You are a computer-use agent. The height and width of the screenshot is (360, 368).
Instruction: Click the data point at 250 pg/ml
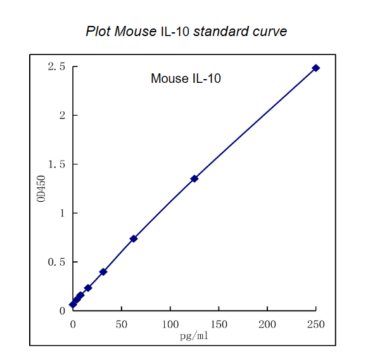click(x=315, y=68)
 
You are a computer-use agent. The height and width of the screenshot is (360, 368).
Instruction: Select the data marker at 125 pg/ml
click(x=194, y=178)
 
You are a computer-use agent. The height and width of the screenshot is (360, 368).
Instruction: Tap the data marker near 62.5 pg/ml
click(x=134, y=239)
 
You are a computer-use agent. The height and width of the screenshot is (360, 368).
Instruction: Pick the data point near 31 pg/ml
click(x=103, y=271)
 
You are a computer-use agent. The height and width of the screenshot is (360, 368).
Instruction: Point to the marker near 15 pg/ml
click(x=88, y=288)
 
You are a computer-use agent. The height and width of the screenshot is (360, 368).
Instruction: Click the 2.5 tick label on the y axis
click(x=56, y=67)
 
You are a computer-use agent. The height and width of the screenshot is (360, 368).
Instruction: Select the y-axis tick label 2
click(x=62, y=116)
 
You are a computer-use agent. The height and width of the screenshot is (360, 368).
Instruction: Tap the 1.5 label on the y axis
click(x=56, y=164)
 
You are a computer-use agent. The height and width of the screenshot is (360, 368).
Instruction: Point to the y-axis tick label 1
click(x=62, y=213)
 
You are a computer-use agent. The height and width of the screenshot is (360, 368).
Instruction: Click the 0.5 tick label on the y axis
click(x=56, y=262)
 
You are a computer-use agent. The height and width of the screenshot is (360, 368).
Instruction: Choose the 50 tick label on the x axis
click(x=122, y=324)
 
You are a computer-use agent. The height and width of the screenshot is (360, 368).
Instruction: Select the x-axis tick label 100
click(x=170, y=324)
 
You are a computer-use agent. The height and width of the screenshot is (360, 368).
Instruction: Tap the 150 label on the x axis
click(x=219, y=324)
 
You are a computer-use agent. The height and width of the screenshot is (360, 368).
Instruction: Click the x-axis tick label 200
click(x=267, y=324)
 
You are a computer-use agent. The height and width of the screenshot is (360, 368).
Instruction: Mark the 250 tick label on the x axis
click(x=315, y=324)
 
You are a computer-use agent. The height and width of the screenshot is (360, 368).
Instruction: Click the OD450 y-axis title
click(x=41, y=189)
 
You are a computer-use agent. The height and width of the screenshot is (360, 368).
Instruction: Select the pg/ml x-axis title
click(x=194, y=335)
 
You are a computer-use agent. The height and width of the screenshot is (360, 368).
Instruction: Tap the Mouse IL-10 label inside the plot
click(x=186, y=79)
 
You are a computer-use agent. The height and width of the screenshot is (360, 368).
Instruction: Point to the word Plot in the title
click(x=98, y=31)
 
